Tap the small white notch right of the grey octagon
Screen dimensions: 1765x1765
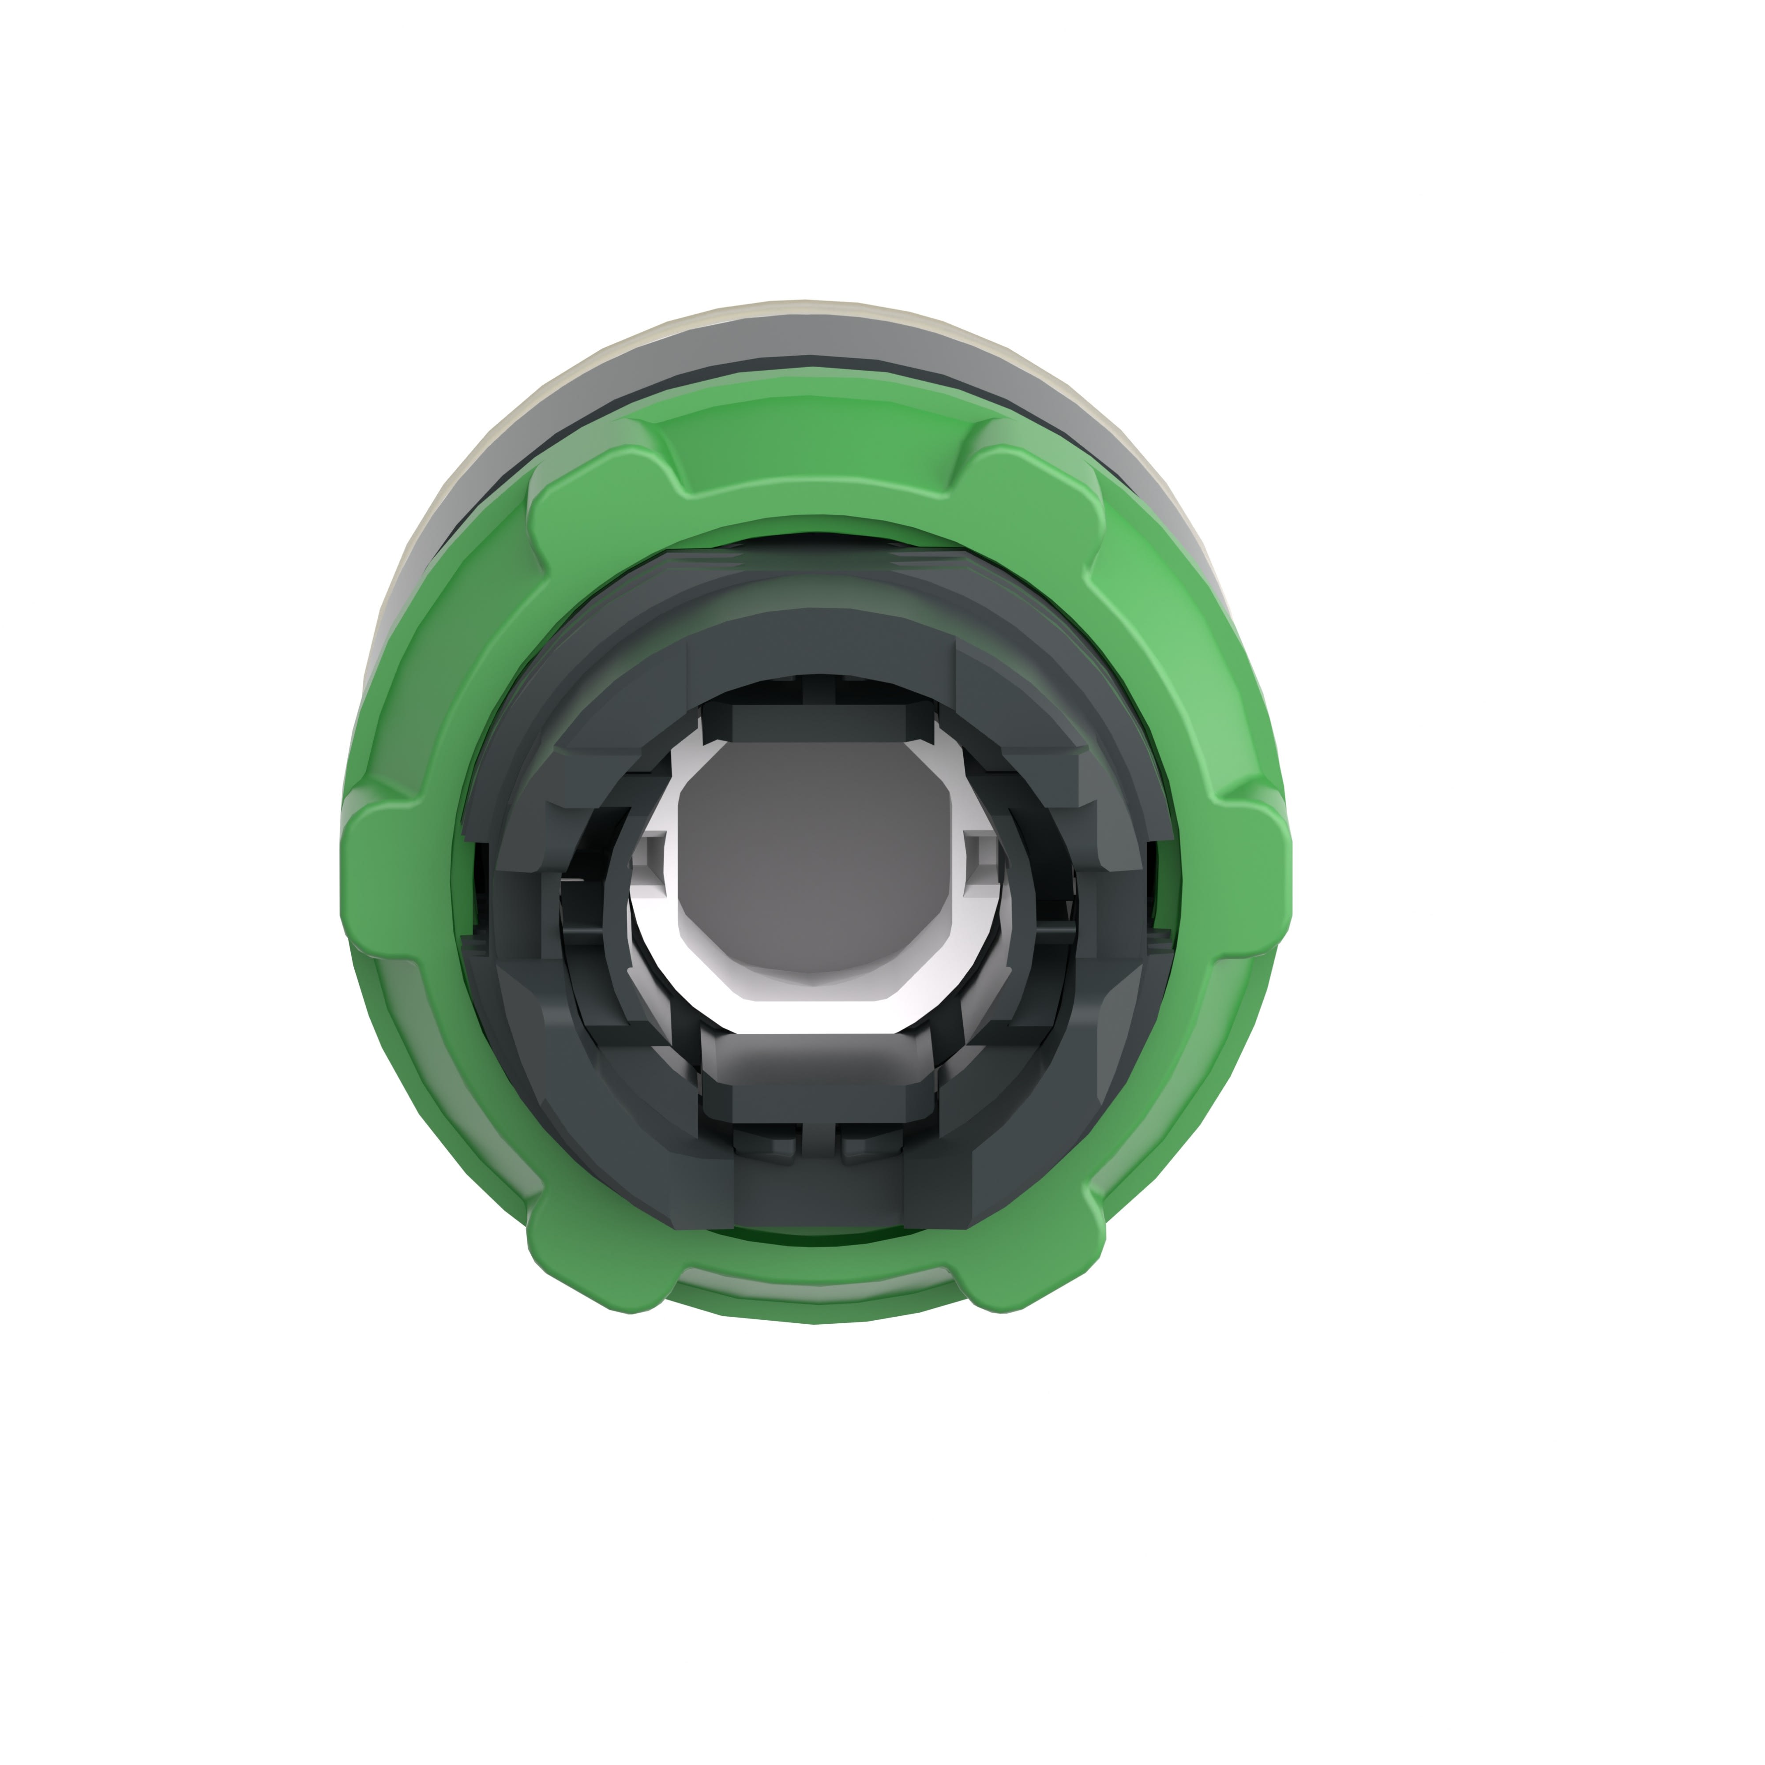click(x=982, y=852)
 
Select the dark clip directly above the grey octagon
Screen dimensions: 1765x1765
click(x=818, y=722)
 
